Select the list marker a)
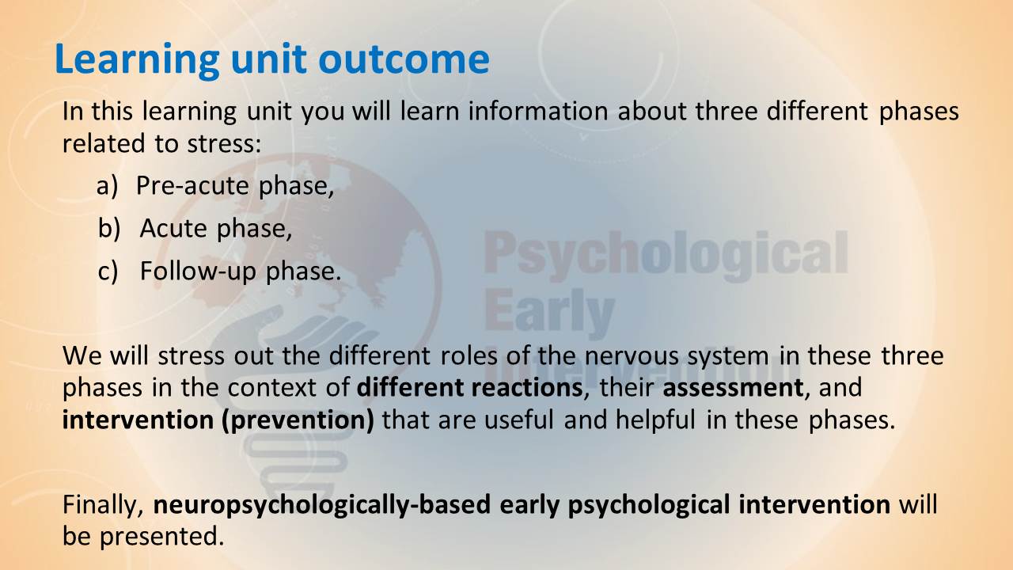click(x=107, y=186)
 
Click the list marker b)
click(x=109, y=227)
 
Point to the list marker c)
click(x=108, y=271)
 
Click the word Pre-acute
click(x=192, y=186)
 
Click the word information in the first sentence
click(x=537, y=111)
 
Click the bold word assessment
click(x=733, y=388)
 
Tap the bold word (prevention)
click(x=298, y=420)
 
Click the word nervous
click(x=632, y=356)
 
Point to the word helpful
click(x=655, y=420)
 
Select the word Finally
click(x=103, y=505)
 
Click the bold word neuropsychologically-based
click(x=322, y=505)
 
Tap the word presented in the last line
click(x=162, y=538)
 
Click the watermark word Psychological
click(x=666, y=256)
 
